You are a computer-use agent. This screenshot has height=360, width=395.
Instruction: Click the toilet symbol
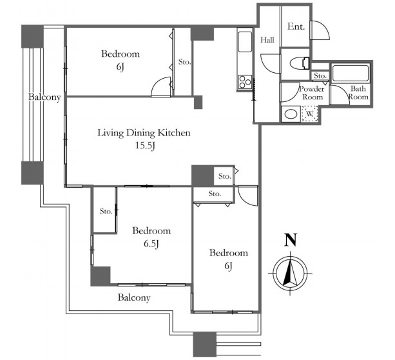[300, 63]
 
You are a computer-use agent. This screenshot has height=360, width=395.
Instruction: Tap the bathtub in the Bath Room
[351, 73]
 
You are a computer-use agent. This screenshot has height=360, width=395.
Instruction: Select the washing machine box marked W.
[309, 114]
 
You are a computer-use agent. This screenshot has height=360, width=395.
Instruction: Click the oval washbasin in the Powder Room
[291, 114]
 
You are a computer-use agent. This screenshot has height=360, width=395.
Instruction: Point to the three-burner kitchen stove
[245, 82]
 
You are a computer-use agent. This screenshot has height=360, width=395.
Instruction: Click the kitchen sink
[245, 42]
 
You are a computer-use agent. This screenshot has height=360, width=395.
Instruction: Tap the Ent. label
[296, 26]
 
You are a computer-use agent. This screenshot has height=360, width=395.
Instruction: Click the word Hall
[267, 40]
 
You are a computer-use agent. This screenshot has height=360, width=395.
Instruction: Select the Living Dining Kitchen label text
[144, 133]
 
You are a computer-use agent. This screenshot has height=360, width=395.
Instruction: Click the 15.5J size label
[145, 146]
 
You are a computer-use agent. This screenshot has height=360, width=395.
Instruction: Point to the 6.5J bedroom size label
[151, 244]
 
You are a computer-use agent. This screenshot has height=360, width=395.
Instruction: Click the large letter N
[291, 239]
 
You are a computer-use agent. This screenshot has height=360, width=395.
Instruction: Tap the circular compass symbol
[290, 274]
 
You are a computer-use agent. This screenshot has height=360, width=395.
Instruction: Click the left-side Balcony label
[44, 97]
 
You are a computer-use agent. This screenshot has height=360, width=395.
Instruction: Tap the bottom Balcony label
[134, 297]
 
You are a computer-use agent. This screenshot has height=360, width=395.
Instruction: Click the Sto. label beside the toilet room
[320, 75]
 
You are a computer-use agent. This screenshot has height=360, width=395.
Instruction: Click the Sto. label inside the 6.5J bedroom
[106, 211]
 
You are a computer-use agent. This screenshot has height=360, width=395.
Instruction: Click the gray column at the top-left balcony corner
[32, 36]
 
